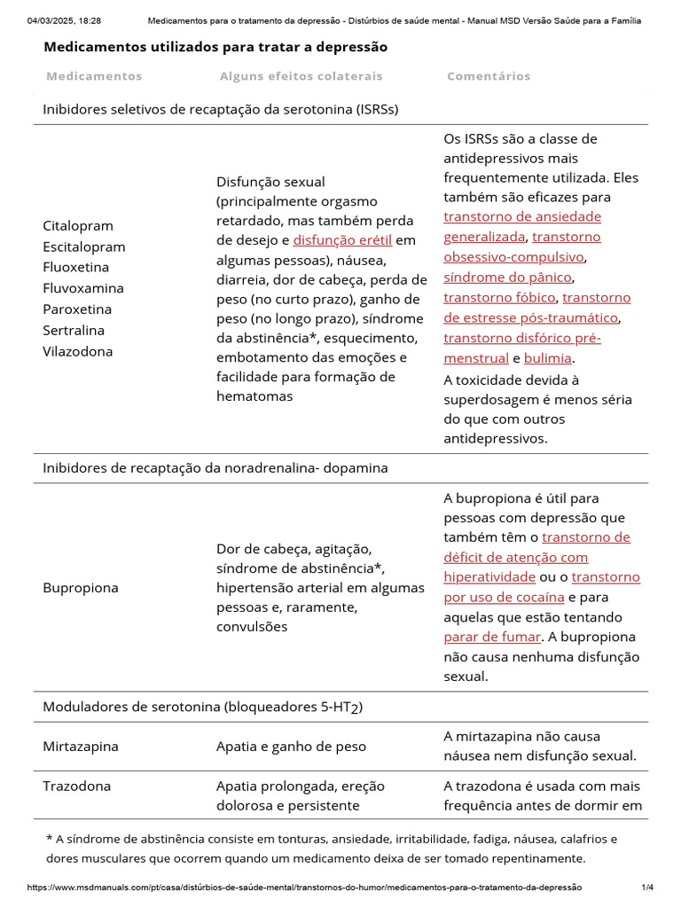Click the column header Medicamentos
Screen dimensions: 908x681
point(94,76)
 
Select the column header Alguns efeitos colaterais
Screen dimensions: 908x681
point(301,76)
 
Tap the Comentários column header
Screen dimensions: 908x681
point(489,76)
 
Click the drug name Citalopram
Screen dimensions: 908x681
point(78,226)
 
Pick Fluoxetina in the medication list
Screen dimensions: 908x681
point(76,267)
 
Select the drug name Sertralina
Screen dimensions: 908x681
point(74,330)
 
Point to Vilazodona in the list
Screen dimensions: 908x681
point(78,351)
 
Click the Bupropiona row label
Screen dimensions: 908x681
point(80,588)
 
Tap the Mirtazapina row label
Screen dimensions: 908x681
point(81,747)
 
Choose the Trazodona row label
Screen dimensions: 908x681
point(77,787)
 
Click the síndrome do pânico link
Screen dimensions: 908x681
point(507,278)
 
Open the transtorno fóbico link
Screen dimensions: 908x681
point(499,298)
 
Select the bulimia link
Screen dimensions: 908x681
point(548,359)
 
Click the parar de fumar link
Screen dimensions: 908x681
point(491,637)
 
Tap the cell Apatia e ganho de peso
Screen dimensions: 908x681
point(291,747)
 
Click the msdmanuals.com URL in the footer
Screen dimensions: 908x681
point(305,888)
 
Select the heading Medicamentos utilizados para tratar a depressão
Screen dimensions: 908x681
point(215,47)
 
